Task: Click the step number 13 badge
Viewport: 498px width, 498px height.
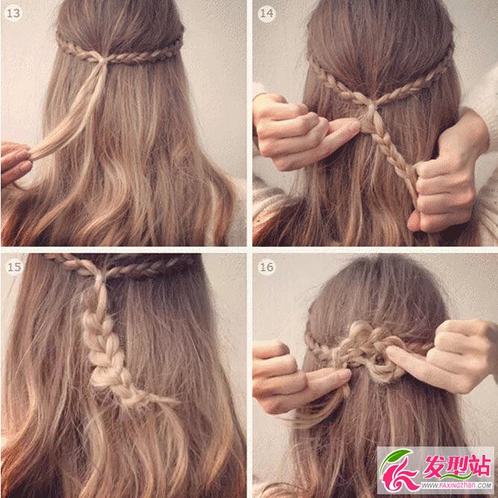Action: (13, 13)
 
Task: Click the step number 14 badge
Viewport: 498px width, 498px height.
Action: (266, 13)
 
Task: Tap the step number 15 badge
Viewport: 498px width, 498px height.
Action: (13, 267)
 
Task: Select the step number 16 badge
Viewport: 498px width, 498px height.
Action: (266, 267)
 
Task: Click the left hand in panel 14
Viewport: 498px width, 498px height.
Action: (302, 130)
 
